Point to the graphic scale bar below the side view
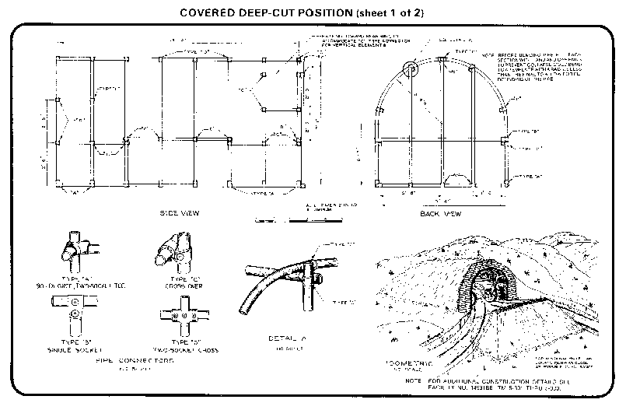click(303, 221)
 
